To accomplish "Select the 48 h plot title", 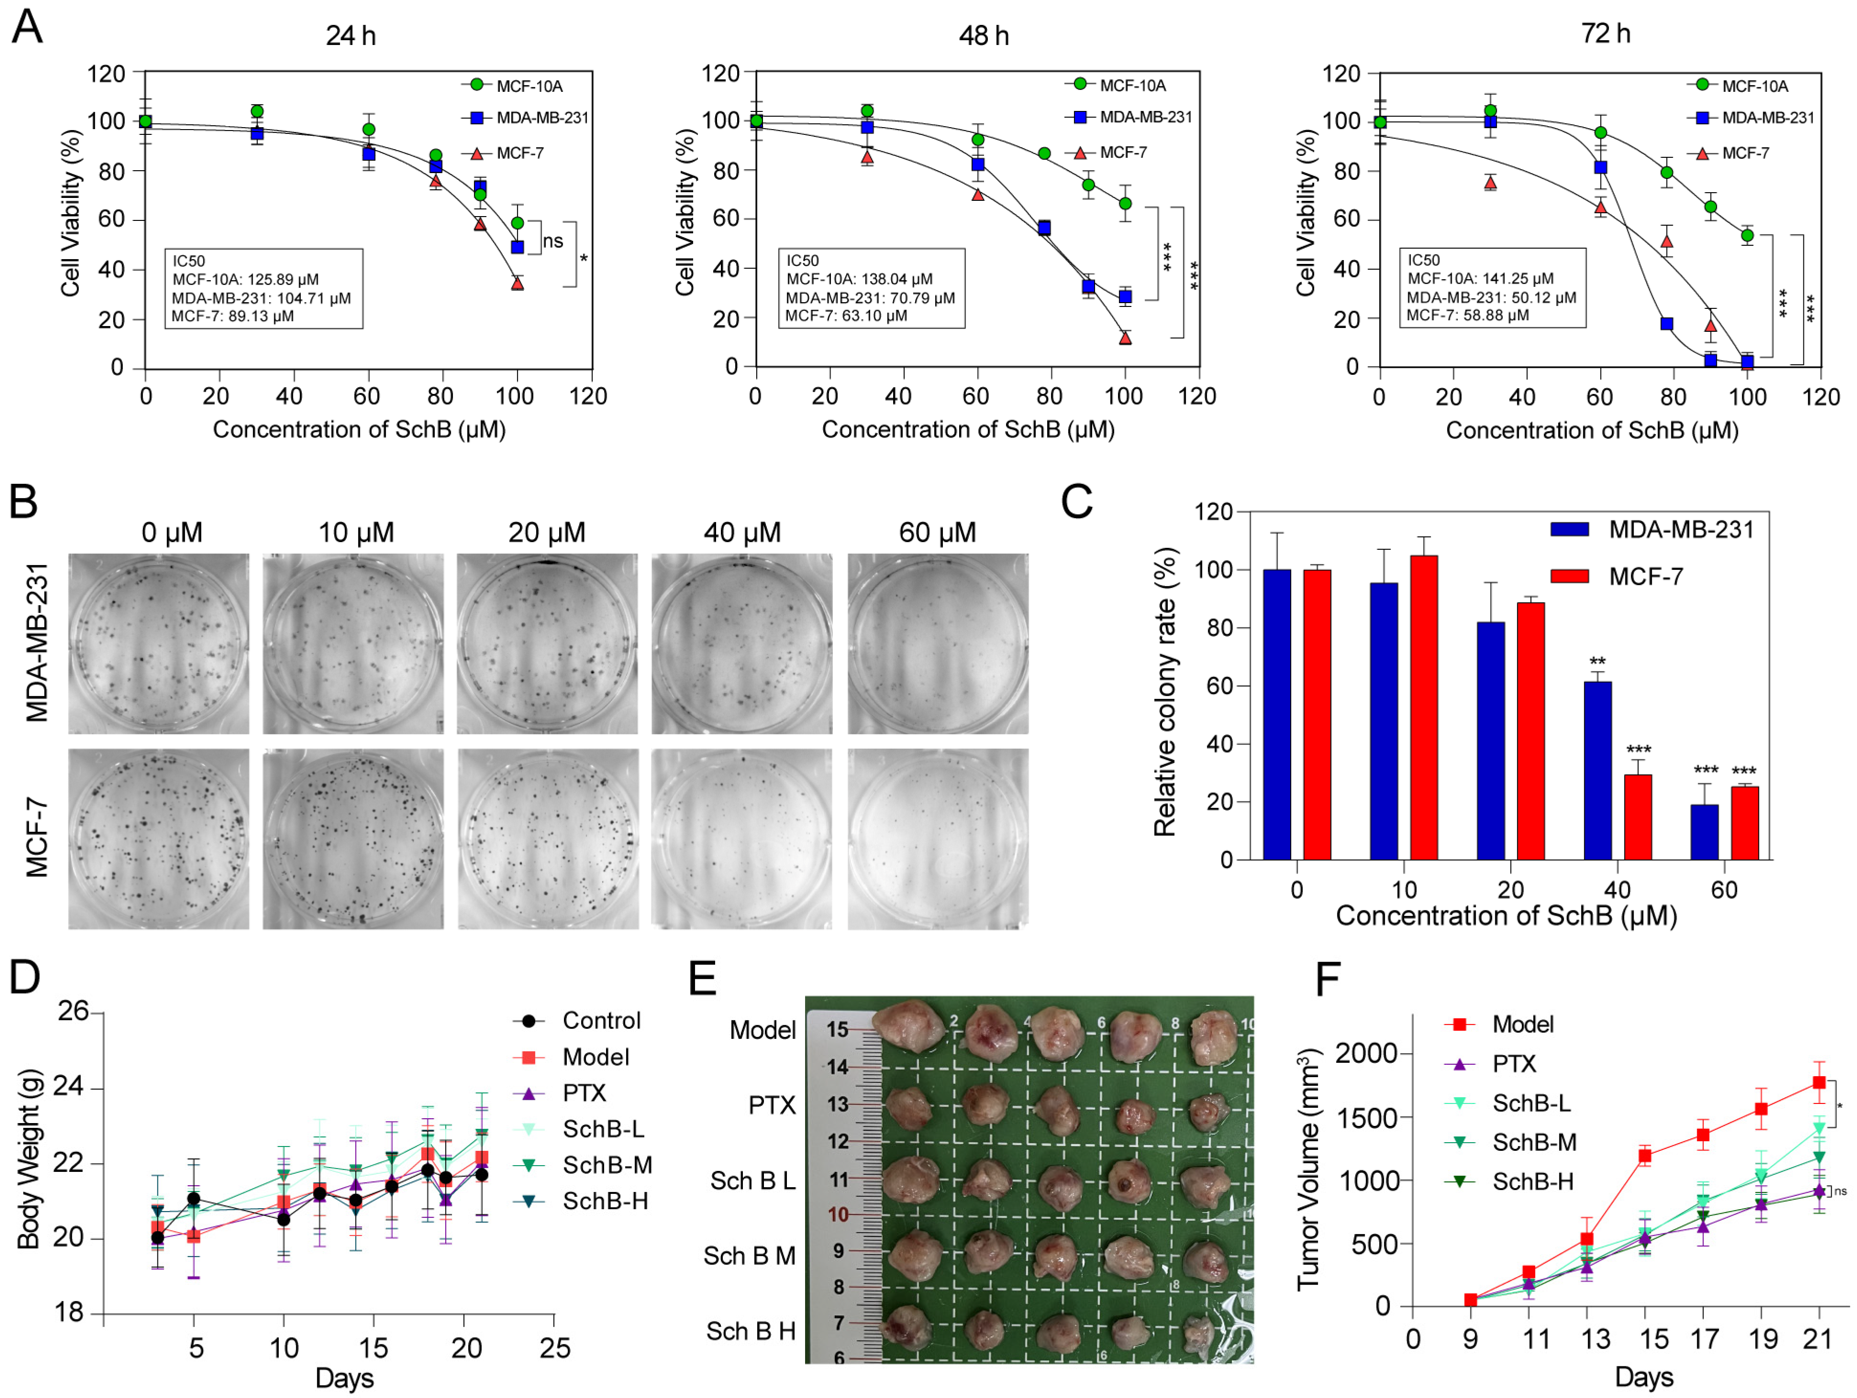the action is click(984, 35).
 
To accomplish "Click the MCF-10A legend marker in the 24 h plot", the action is click(477, 85).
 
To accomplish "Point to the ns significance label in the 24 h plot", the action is click(553, 241).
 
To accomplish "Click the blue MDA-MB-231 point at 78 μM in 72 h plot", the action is click(1667, 324).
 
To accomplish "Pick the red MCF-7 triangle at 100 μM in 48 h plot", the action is click(1125, 338).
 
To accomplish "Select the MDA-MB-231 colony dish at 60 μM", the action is click(938, 644).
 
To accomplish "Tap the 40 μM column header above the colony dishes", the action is click(742, 532).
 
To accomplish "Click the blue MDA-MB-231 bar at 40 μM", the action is click(1598, 770).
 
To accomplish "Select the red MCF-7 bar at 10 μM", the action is click(1424, 708).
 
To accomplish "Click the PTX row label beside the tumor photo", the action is click(772, 1105).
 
